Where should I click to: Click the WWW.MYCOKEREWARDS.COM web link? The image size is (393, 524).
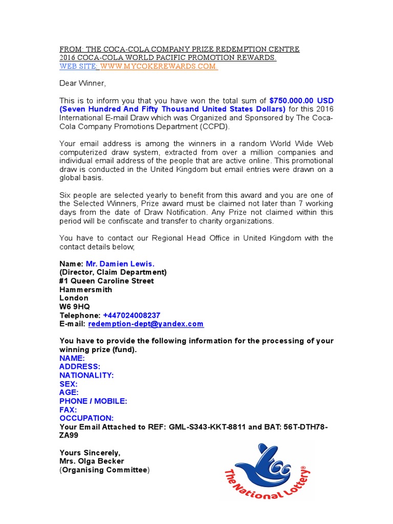(159, 67)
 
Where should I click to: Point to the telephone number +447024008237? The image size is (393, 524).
(132, 315)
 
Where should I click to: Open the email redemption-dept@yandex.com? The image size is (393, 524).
(146, 324)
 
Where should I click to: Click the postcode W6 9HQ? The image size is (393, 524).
(74, 307)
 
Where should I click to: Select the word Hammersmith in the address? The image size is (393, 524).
(85, 290)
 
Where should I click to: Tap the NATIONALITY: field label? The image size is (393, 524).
(86, 375)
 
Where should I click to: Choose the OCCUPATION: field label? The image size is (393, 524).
(86, 418)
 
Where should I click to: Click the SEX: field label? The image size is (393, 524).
(69, 384)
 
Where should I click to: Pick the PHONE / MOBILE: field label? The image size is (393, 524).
(93, 401)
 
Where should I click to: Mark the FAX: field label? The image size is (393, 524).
(68, 410)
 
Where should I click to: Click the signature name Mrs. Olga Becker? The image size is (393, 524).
(92, 461)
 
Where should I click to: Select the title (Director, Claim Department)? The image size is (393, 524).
(113, 272)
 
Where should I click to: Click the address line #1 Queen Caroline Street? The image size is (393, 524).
(106, 281)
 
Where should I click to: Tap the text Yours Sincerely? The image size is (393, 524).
(90, 452)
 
